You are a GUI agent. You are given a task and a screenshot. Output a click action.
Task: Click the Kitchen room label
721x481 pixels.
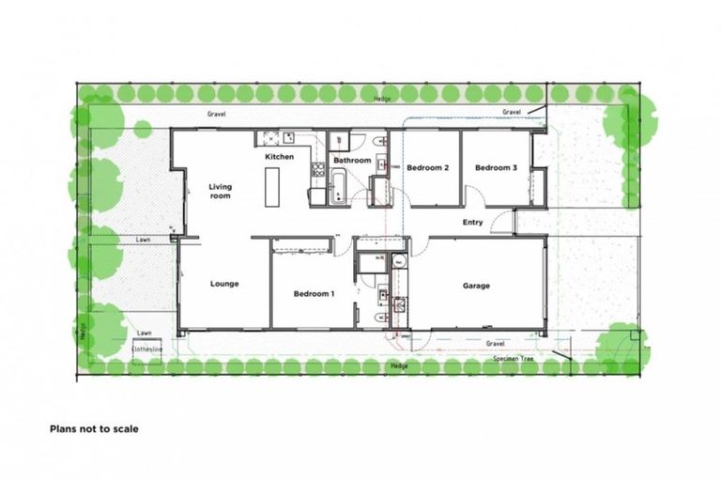click(x=280, y=156)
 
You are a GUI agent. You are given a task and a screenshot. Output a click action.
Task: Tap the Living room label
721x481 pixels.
click(x=220, y=191)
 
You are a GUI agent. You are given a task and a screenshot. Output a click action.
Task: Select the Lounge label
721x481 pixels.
click(x=223, y=284)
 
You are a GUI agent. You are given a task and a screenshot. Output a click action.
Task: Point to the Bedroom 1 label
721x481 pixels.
click(x=314, y=294)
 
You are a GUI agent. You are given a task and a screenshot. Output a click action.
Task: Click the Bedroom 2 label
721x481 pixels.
click(x=428, y=168)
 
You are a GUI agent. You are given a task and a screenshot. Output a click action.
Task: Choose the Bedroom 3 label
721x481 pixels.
click(x=496, y=168)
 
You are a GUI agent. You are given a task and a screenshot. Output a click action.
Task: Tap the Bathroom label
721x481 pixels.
click(x=353, y=161)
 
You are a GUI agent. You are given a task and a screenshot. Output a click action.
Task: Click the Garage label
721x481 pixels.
click(x=476, y=286)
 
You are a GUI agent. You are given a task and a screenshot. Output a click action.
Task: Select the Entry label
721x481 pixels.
click(x=473, y=223)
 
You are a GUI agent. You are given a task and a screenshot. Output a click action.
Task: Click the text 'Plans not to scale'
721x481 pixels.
click(x=94, y=428)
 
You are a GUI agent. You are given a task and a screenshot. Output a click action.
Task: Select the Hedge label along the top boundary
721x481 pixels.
click(x=382, y=98)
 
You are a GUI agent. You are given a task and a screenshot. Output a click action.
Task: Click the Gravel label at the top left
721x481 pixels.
click(x=218, y=115)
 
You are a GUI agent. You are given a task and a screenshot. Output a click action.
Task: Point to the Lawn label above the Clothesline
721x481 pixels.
click(x=144, y=333)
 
